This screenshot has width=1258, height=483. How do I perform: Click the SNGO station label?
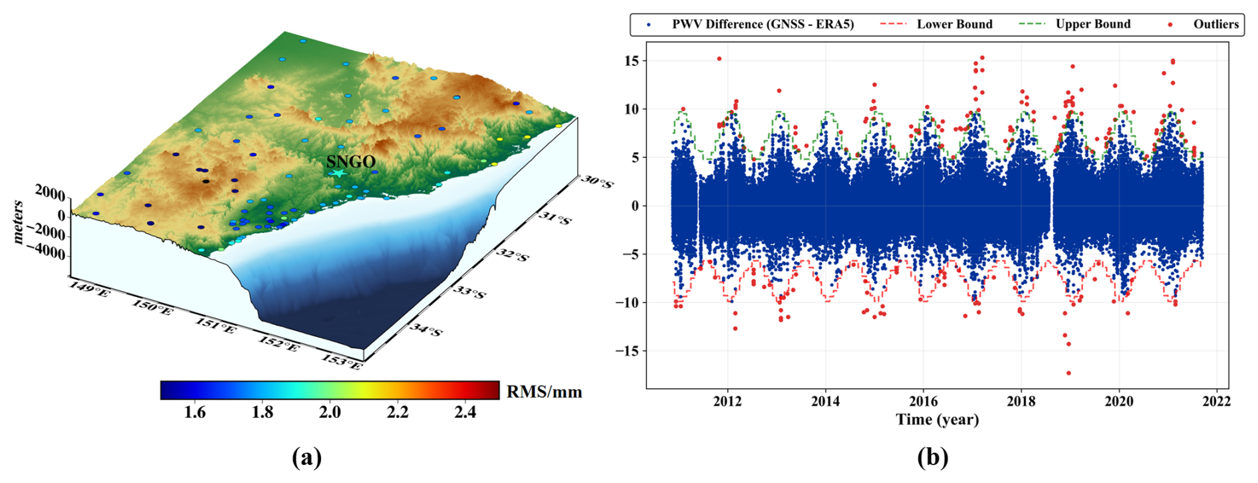pyautogui.click(x=350, y=161)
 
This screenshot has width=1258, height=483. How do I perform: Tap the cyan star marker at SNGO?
pyautogui.click(x=338, y=173)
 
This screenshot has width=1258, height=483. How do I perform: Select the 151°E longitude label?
pyautogui.click(x=215, y=326)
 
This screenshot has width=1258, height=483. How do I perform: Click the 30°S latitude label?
pyautogui.click(x=597, y=181)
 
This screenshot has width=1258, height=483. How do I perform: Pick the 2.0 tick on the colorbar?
pyautogui.click(x=330, y=413)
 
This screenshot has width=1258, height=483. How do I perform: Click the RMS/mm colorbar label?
pyautogui.click(x=544, y=392)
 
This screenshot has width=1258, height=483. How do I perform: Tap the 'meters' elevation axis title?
pyautogui.click(x=19, y=222)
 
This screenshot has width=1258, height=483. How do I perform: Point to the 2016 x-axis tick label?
pyautogui.click(x=923, y=401)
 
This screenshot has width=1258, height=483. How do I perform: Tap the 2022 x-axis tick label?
pyautogui.click(x=1216, y=401)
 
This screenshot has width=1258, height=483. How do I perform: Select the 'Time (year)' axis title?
pyautogui.click(x=937, y=420)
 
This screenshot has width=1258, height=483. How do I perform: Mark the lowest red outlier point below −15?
pyautogui.click(x=1069, y=373)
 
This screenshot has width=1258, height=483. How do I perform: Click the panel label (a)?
pyautogui.click(x=307, y=457)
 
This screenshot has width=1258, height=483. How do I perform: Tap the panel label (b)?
pyautogui.click(x=932, y=457)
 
